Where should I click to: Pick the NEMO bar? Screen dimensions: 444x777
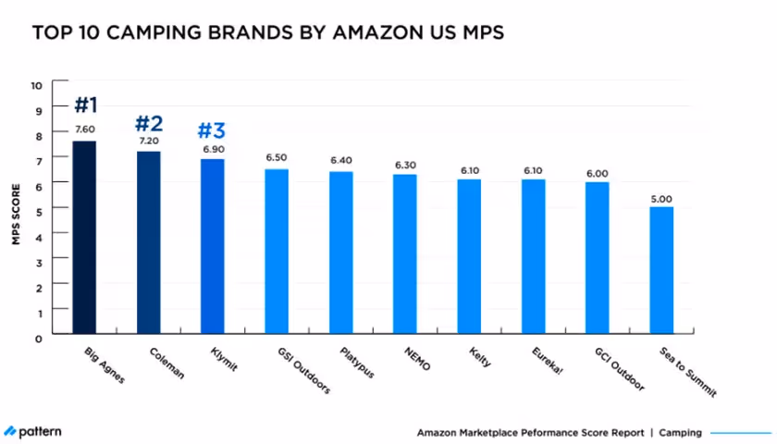point(404,253)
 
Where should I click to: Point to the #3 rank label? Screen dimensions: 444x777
point(212,129)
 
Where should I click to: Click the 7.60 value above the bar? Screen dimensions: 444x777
point(84,129)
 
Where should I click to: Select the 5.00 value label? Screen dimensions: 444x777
point(660,198)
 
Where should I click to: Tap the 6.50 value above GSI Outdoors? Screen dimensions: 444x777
point(277,158)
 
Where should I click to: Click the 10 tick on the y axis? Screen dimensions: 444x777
point(37,85)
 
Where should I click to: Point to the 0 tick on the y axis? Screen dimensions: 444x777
point(40,338)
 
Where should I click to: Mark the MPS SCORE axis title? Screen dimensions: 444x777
point(16,211)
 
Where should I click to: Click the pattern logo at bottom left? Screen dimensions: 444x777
point(33,432)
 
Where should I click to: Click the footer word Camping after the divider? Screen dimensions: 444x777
point(680,432)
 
